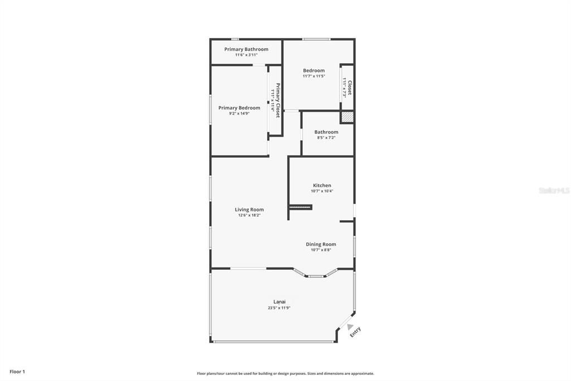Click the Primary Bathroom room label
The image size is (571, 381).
point(246,49)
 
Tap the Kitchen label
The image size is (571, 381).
point(322,185)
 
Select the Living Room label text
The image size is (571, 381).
point(249,209)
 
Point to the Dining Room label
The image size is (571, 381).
point(321,244)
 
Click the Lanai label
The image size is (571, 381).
point(279,302)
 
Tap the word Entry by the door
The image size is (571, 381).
point(355,332)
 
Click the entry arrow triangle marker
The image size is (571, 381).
point(350,326)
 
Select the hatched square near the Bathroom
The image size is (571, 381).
point(347,117)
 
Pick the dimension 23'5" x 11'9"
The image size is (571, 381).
point(279,308)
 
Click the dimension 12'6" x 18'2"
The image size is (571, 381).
point(249,215)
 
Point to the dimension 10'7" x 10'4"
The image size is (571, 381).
point(322,191)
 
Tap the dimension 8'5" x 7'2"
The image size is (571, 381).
point(326,137)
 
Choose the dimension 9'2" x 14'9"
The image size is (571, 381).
point(239,113)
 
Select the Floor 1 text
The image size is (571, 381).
point(17,372)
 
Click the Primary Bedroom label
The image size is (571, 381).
point(239,108)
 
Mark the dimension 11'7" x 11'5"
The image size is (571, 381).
point(313,76)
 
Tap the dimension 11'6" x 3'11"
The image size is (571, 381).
point(246,55)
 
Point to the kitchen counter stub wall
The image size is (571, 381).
point(300,207)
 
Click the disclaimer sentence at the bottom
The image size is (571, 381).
point(285,373)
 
